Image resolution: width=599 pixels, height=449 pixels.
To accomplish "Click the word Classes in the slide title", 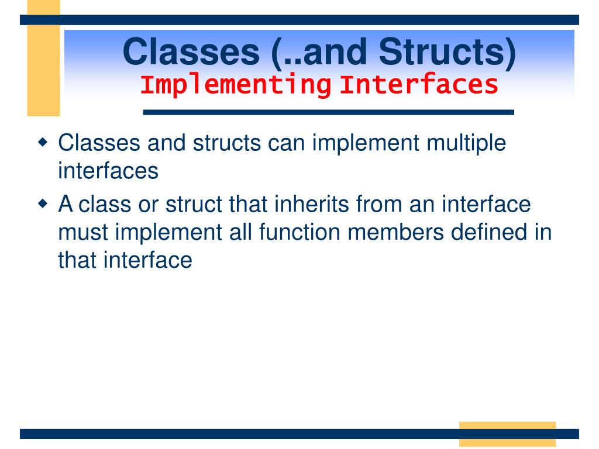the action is (191, 51).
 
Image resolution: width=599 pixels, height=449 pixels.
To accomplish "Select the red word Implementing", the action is (236, 85).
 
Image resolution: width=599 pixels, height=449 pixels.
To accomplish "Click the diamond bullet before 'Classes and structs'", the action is (43, 143).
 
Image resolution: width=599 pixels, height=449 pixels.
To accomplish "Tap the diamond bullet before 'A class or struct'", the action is (43, 203).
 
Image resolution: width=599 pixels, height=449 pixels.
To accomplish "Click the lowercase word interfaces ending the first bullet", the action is (108, 171).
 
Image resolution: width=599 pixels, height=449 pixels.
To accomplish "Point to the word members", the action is (396, 232).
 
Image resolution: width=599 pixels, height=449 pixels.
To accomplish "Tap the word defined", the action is (488, 232).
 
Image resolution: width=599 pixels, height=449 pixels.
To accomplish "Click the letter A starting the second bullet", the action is (66, 204).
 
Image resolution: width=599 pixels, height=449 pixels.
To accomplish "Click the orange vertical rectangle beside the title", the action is (43, 58).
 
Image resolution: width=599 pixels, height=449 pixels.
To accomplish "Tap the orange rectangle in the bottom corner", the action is (507, 434).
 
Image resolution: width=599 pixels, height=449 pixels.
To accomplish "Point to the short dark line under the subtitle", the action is (329, 112).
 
